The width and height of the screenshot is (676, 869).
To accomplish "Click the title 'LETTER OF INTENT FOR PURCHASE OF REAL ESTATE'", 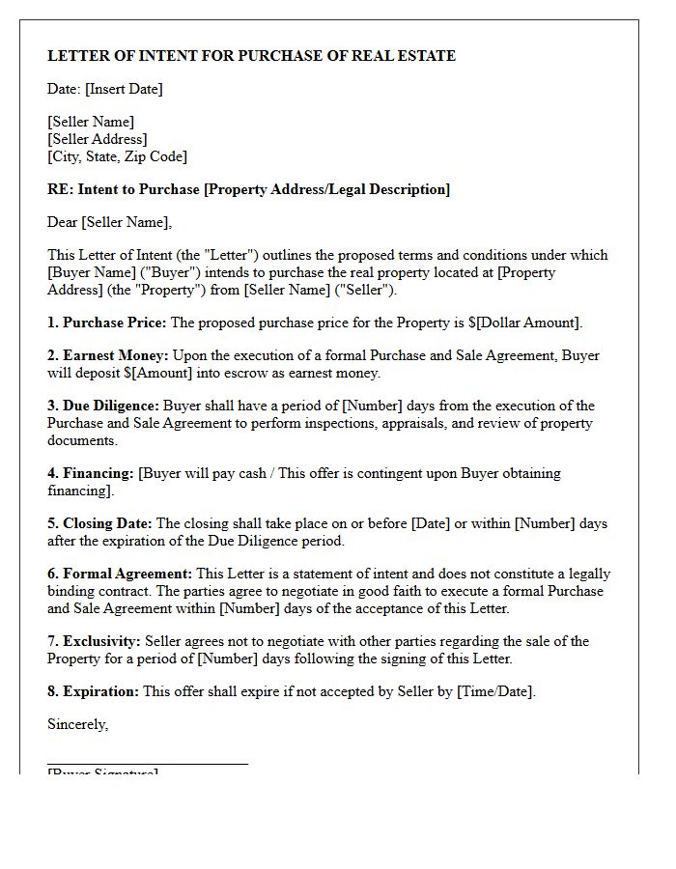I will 251,56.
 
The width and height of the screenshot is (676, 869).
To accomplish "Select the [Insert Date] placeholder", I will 124,89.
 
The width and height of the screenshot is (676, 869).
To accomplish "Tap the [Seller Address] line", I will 98,139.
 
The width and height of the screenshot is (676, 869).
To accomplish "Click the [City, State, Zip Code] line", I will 117,156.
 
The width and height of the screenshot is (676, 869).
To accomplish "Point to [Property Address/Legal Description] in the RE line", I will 326,189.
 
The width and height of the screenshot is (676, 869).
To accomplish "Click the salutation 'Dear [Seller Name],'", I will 109,222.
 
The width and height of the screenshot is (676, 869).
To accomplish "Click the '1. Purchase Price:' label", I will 106,322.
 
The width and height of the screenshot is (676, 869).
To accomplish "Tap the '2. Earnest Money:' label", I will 108,355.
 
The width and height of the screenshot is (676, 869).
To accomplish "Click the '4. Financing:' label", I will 91,473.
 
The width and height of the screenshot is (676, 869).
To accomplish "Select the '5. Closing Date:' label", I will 99,523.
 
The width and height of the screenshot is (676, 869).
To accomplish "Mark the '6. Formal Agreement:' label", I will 120,574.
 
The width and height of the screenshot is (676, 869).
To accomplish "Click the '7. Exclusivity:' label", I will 94,641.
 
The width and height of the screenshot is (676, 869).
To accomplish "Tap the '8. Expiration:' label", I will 93,691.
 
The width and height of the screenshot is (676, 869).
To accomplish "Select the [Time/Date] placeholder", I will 496,691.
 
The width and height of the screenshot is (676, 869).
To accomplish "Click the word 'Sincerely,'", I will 77,724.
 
